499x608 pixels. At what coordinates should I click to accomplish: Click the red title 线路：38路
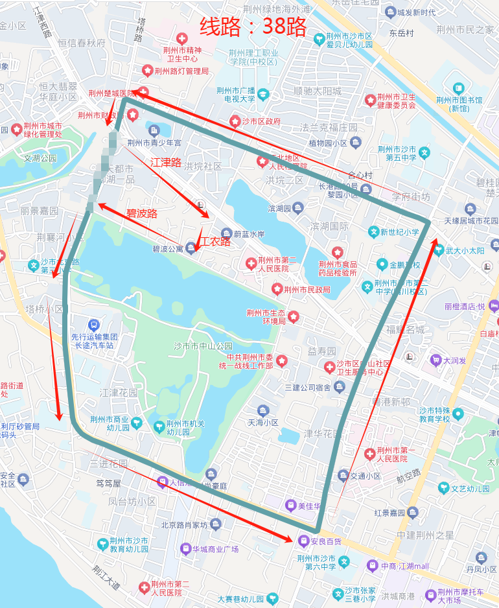(253, 27)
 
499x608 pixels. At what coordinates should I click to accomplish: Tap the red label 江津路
(165, 162)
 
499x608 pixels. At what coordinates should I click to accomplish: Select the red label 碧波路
(141, 213)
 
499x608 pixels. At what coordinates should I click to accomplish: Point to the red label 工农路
(215, 242)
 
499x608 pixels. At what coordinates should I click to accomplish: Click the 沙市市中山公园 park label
(203, 345)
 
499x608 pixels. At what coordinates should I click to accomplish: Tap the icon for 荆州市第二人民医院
(251, 263)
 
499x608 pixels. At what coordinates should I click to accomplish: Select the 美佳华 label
(309, 506)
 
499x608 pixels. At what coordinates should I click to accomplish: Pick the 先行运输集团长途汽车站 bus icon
(93, 324)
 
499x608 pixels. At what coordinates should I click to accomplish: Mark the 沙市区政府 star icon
(235, 121)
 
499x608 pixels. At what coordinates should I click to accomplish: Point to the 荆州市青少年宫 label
(154, 143)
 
